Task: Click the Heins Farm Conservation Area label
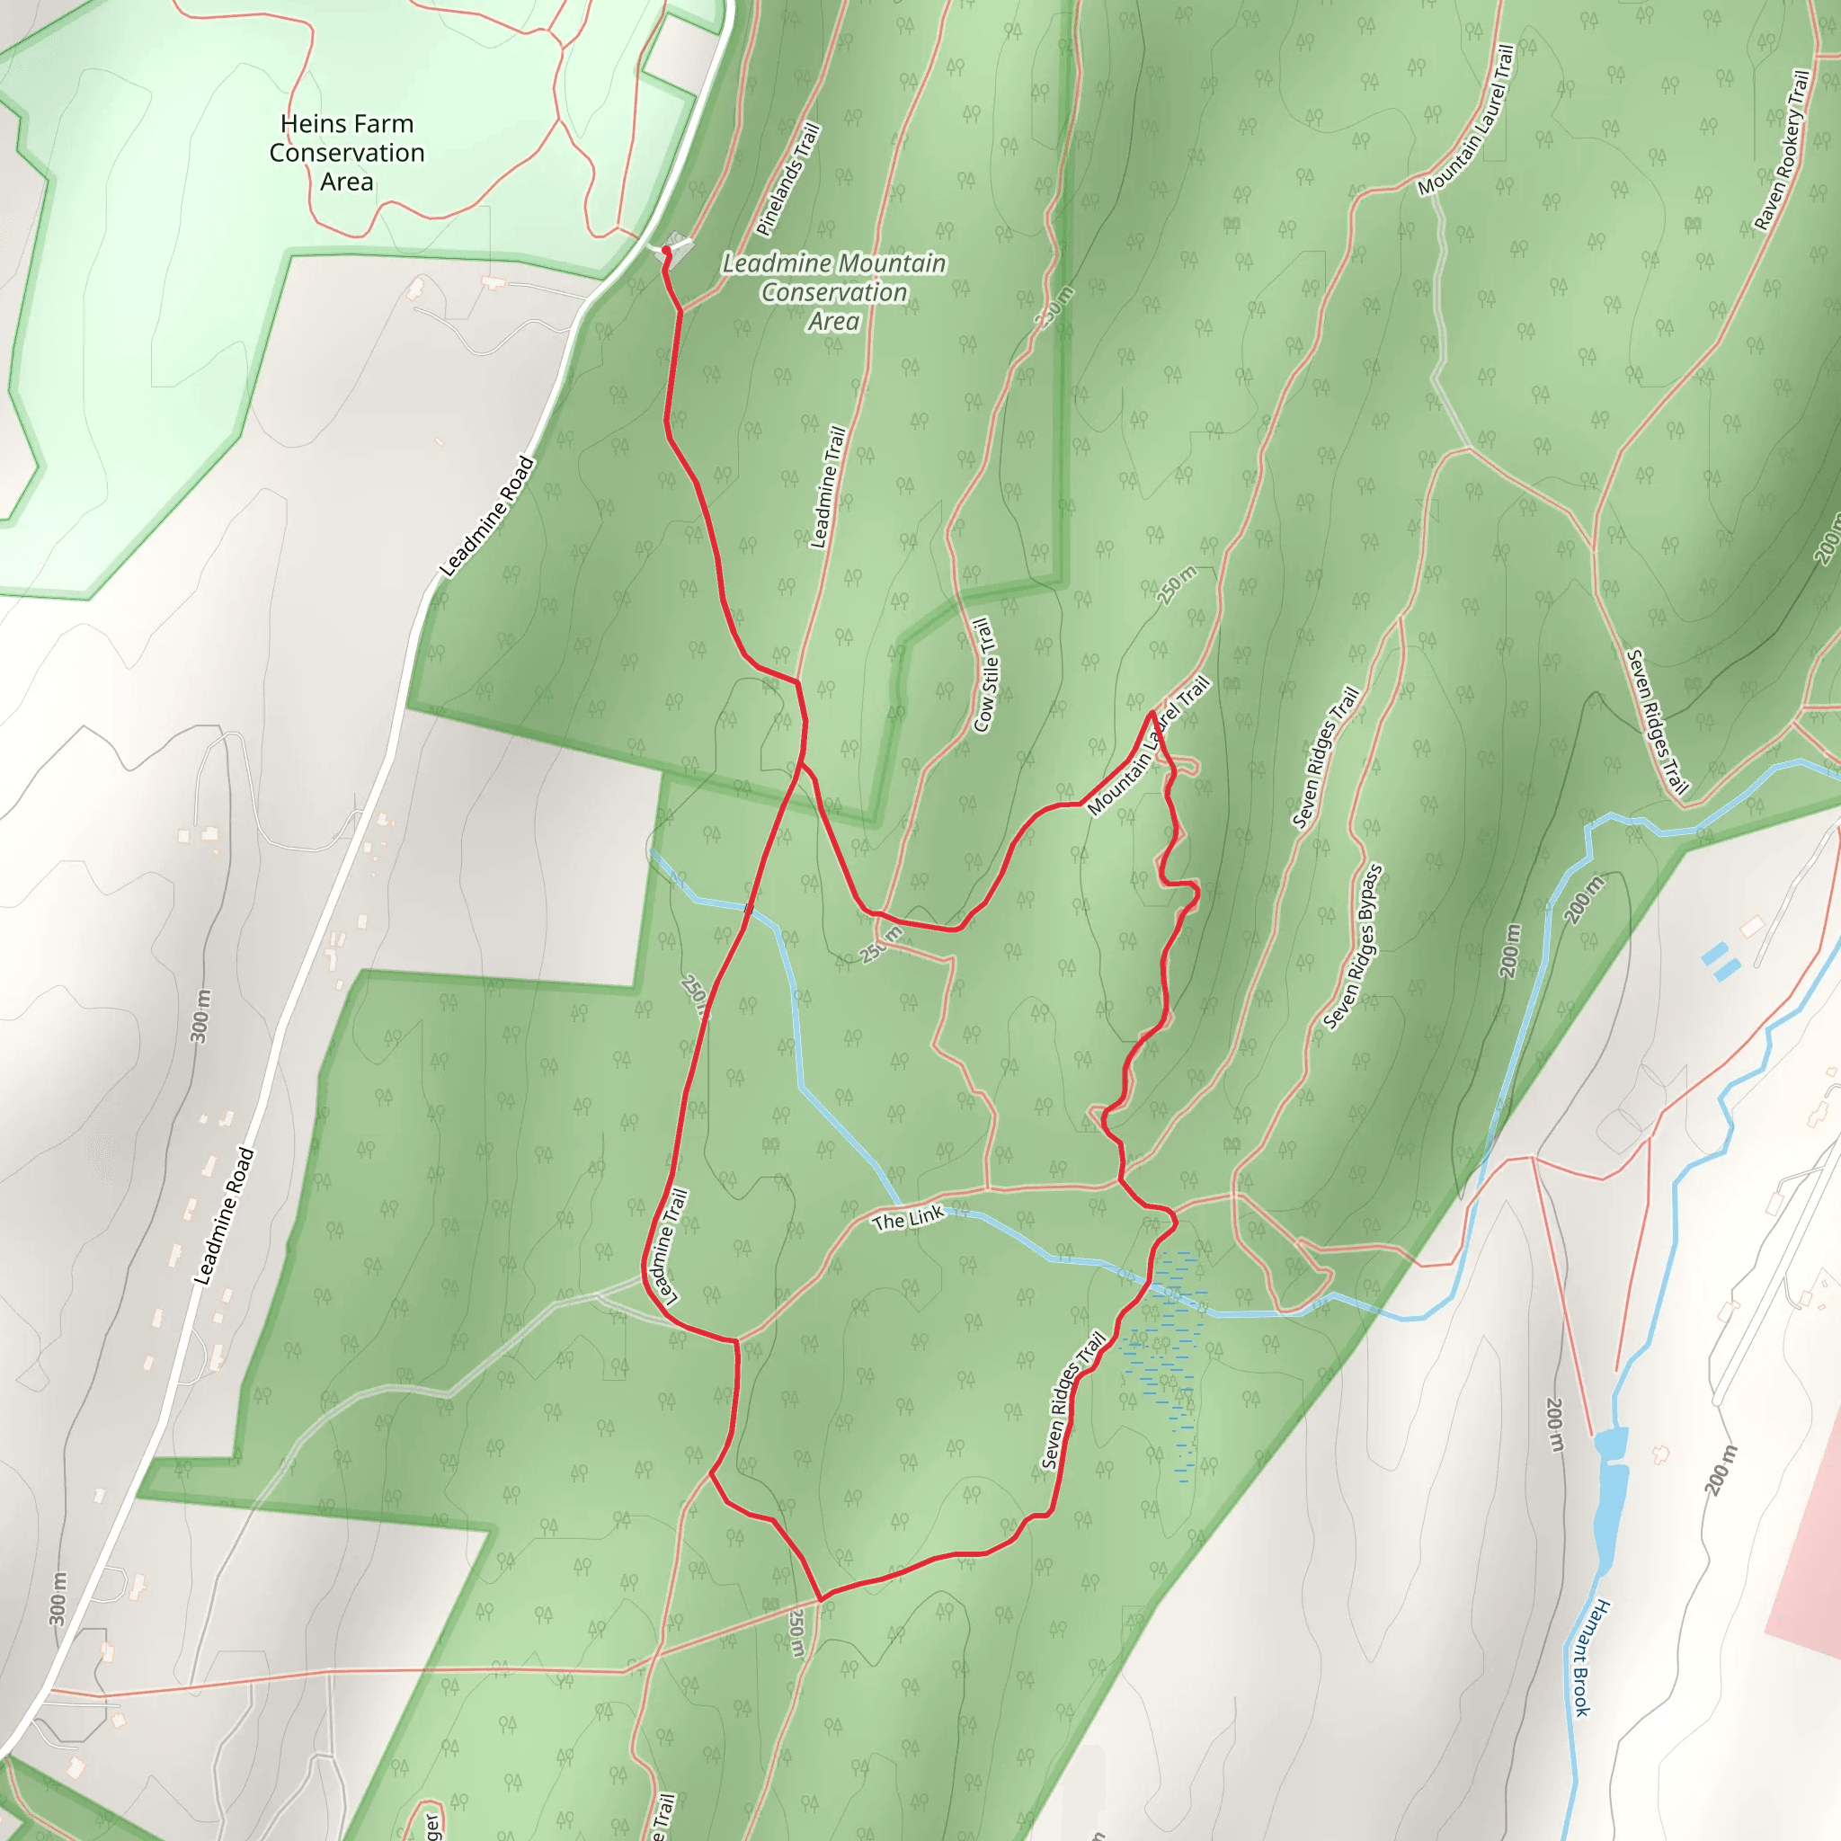coord(347,153)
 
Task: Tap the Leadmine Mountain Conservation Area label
coord(834,291)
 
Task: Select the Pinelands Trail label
coord(788,180)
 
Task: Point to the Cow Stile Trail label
coord(986,675)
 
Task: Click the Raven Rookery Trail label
coord(1782,150)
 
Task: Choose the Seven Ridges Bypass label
coord(1353,948)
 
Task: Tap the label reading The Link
coord(907,1218)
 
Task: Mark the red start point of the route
coord(666,251)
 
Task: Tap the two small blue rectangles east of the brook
coord(1720,962)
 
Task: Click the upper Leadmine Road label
coord(487,518)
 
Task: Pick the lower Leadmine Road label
coord(225,1217)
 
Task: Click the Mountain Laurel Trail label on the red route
coord(1148,746)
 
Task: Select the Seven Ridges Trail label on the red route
coord(1073,1400)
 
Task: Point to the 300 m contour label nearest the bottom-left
coord(59,1599)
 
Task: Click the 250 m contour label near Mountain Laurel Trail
coord(1177,585)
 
